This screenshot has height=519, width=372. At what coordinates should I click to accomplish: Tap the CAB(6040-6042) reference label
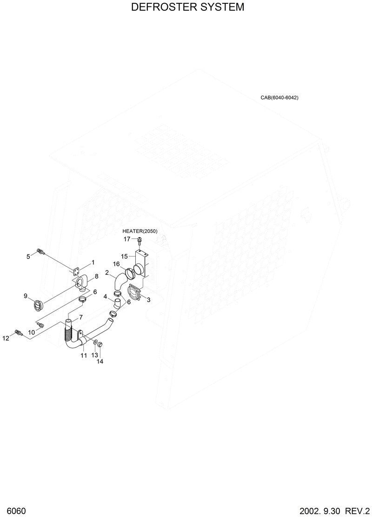[279, 98]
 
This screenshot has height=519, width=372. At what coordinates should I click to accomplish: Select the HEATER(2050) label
[140, 231]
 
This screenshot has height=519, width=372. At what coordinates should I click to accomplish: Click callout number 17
[127, 239]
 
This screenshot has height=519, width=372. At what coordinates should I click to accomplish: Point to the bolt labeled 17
[139, 240]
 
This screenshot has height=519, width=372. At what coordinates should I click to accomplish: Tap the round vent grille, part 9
[37, 305]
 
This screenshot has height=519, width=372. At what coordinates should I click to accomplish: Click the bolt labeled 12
[19, 333]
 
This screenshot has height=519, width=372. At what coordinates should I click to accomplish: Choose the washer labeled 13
[95, 343]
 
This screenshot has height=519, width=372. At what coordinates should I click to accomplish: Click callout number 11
[84, 355]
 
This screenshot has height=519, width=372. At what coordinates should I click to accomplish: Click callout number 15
[124, 256]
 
